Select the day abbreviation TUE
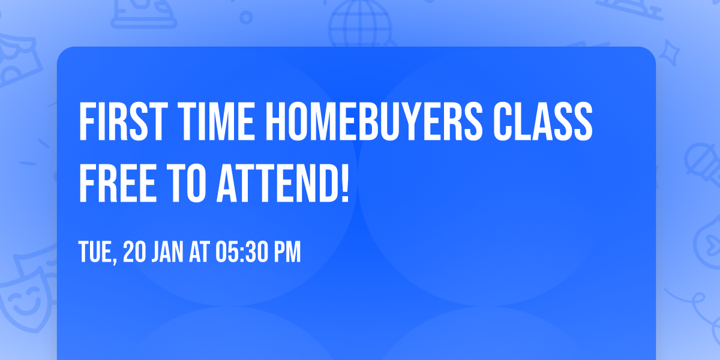96,253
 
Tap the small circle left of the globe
246,17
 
